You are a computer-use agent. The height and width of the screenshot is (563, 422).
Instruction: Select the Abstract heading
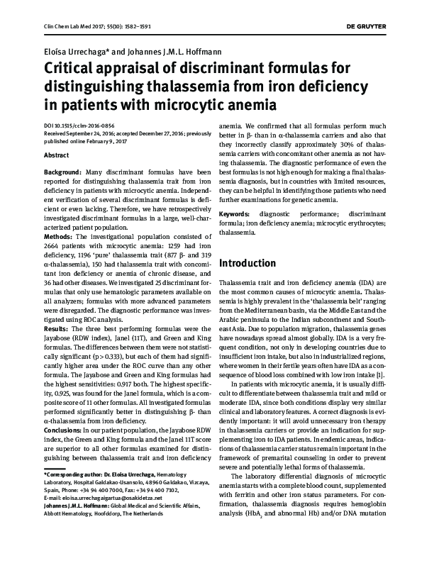pyautogui.click(x=57, y=155)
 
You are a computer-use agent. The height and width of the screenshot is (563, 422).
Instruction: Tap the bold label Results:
pyautogui.click(x=57, y=329)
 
